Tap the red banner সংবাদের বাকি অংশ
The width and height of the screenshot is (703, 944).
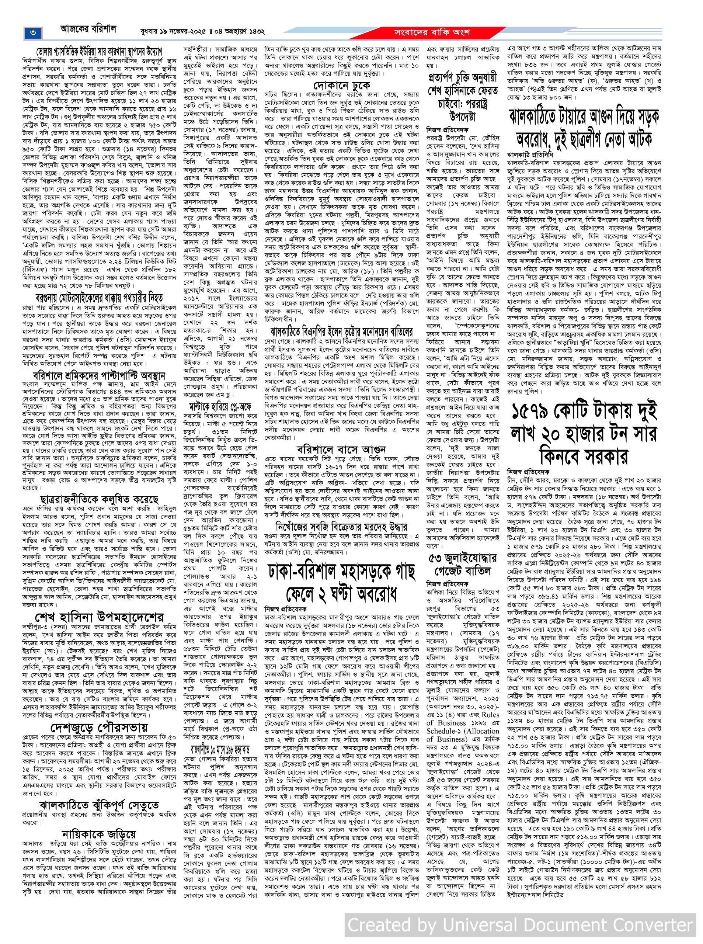pyautogui.click(x=432, y=32)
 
